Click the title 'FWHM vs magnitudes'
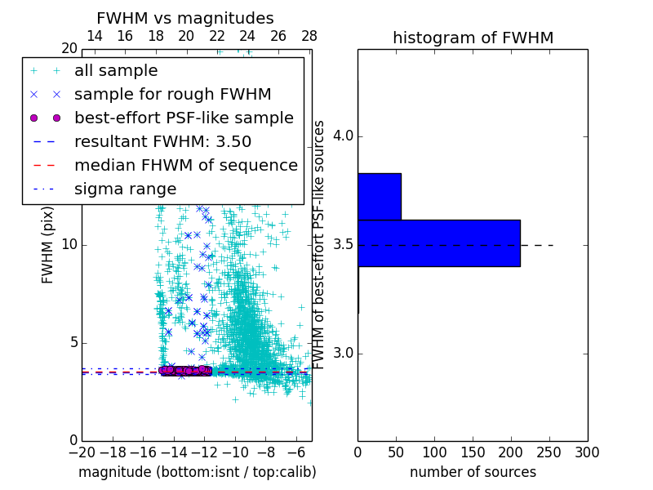tap(184, 19)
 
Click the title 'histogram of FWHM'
tap(473, 38)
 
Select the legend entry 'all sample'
tap(116, 71)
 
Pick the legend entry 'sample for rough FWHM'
tap(172, 95)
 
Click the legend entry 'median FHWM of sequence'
tap(185, 165)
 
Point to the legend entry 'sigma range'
tap(125, 189)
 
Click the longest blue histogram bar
tap(438, 243)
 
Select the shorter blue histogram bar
tap(379, 196)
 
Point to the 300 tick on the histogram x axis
tap(587, 452)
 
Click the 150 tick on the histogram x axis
tap(473, 452)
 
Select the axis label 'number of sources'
tap(473, 472)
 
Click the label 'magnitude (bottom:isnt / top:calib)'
tap(197, 472)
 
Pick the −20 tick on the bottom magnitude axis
tap(82, 452)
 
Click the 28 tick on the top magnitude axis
tap(309, 36)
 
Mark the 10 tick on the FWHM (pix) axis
tap(69, 245)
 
